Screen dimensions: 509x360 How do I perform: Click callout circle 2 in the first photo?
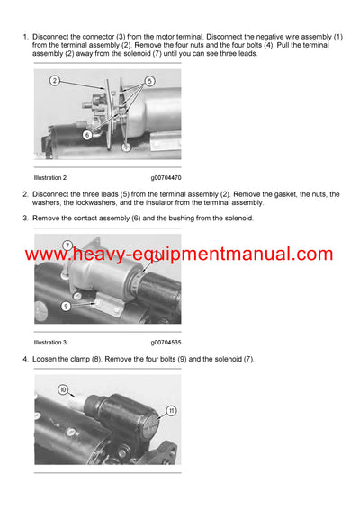(x=55, y=81)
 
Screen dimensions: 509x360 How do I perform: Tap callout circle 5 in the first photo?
(x=150, y=81)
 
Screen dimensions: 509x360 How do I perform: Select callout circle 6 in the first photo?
(x=88, y=134)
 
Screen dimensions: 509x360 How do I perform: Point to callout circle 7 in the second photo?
(x=67, y=244)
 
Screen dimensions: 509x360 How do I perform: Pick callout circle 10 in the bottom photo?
(x=64, y=390)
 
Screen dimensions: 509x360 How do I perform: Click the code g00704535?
(x=168, y=342)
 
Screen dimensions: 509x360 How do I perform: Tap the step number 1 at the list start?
(x=24, y=36)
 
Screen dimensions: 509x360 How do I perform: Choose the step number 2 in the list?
(x=24, y=194)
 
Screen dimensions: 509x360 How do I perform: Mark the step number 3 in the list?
(x=24, y=218)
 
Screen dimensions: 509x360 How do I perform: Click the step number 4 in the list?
(x=24, y=359)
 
